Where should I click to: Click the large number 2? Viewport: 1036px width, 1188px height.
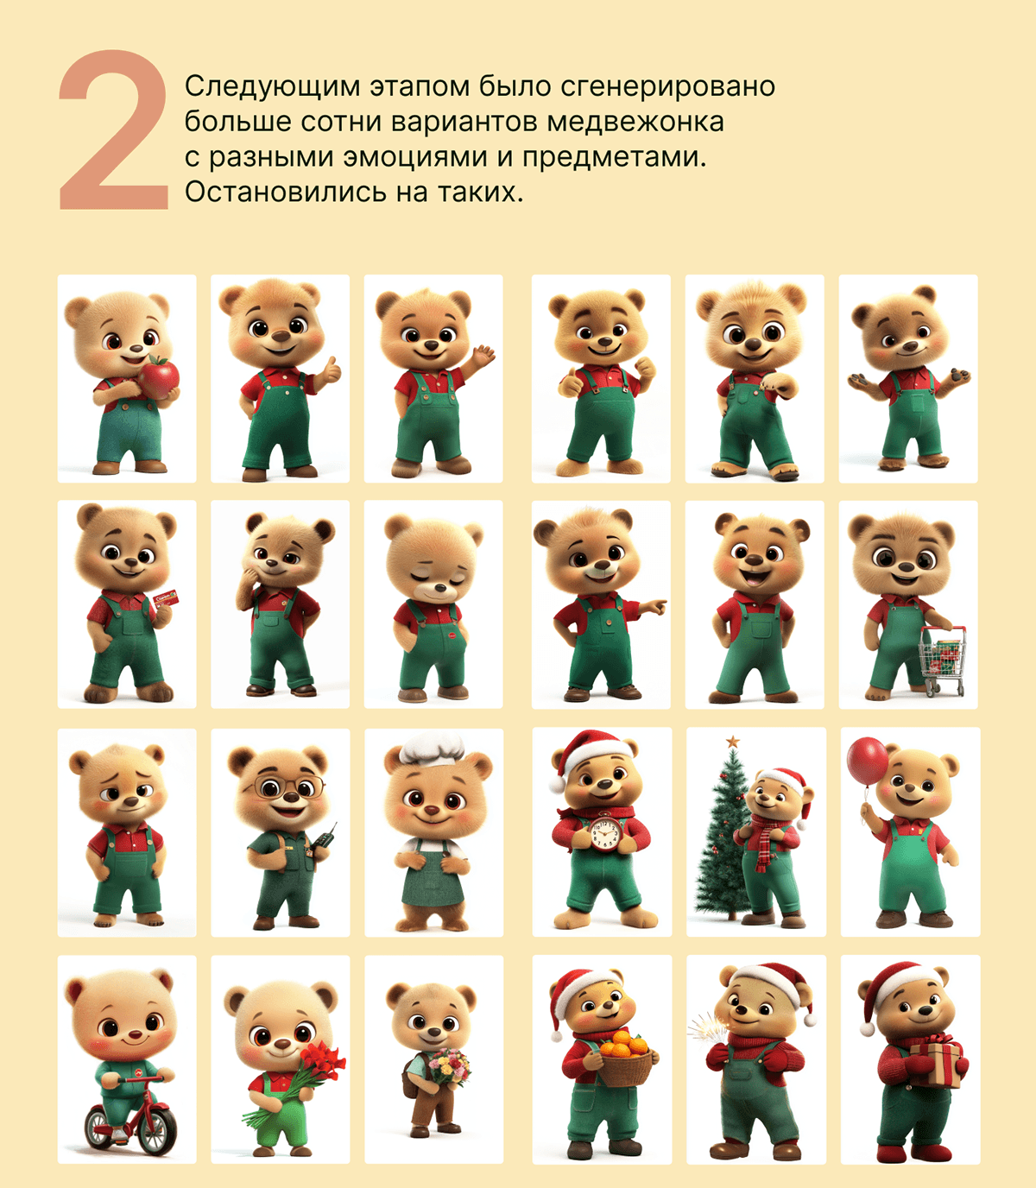pyautogui.click(x=114, y=130)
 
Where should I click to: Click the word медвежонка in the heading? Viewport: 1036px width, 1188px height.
pyautogui.click(x=636, y=122)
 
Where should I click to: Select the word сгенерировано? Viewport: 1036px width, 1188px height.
pyautogui.click(x=667, y=87)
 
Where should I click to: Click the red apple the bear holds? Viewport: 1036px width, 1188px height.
pyautogui.click(x=159, y=377)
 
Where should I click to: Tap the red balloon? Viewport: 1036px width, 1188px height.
pyautogui.click(x=867, y=761)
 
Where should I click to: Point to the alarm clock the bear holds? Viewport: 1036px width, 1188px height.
pyautogui.click(x=604, y=833)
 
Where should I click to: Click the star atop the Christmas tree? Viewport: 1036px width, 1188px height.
pyautogui.click(x=733, y=742)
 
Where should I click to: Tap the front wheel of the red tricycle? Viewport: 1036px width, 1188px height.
pyautogui.click(x=155, y=1130)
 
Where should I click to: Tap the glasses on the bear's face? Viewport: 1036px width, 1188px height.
pyautogui.click(x=284, y=787)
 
